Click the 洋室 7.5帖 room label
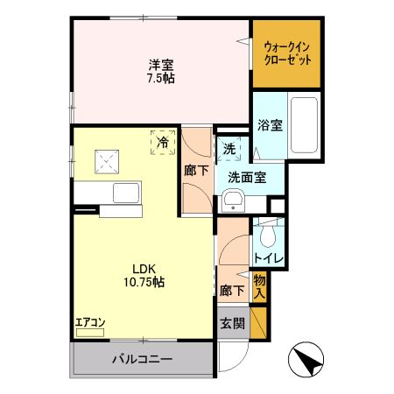point(159,71)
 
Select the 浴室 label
point(269,124)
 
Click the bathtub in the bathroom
point(304,125)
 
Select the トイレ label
point(267,258)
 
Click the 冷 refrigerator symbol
point(162,141)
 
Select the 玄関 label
point(232,322)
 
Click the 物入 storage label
point(259,286)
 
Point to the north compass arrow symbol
point(309,359)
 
